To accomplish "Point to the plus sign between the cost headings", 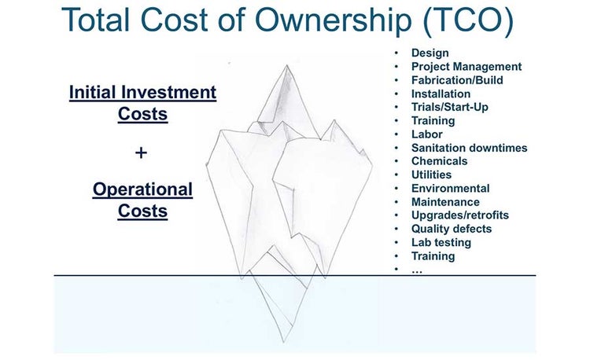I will point(142,152).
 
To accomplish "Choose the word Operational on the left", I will point(142,189).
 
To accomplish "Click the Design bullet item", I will point(430,53).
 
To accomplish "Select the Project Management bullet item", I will point(466,67).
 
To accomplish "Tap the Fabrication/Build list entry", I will point(457,80).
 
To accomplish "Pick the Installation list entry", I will point(441,94).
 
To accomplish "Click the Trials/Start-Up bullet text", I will point(450,107).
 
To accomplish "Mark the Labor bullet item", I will point(427,134).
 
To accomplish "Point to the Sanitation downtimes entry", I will point(469,148).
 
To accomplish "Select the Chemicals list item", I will point(439,161).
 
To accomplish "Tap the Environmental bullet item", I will point(450,189).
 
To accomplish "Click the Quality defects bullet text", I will point(452,229).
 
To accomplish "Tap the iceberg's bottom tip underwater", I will point(282,341).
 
